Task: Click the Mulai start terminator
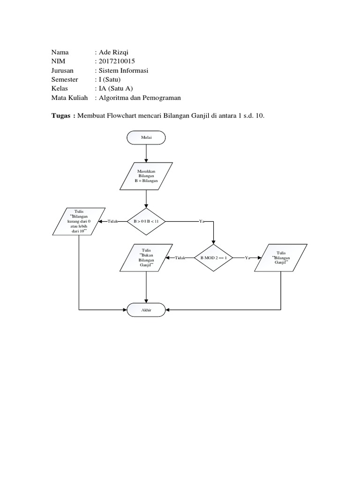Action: click(x=146, y=138)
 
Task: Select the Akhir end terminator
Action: click(x=146, y=310)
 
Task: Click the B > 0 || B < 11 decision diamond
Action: click(x=146, y=221)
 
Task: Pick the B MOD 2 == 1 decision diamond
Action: click(x=213, y=258)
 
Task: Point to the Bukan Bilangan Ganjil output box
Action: click(x=146, y=258)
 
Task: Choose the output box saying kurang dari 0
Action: click(x=79, y=221)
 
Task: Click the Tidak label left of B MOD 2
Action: click(x=181, y=258)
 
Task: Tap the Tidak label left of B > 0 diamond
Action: click(x=113, y=221)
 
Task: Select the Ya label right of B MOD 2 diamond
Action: click(x=247, y=258)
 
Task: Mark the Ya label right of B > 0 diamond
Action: click(x=202, y=221)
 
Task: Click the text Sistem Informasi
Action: click(x=123, y=70)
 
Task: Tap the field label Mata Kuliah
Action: click(x=69, y=98)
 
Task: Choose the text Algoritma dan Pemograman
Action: click(x=139, y=98)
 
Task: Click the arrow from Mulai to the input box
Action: click(x=146, y=153)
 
